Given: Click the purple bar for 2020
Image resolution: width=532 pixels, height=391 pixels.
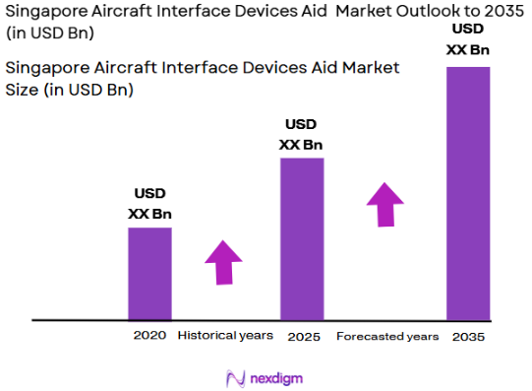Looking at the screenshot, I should [x=149, y=274].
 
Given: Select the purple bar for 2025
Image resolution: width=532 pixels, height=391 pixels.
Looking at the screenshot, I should [x=302, y=238].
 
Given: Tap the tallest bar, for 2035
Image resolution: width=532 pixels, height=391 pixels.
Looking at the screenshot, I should [x=468, y=193].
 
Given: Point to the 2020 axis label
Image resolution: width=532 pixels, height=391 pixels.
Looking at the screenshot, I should [x=149, y=336].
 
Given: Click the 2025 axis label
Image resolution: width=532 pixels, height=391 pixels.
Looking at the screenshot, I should [x=303, y=337].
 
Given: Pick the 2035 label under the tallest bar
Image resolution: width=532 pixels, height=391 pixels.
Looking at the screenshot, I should [x=468, y=337].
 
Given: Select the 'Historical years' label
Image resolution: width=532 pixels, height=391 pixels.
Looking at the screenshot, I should [x=225, y=336].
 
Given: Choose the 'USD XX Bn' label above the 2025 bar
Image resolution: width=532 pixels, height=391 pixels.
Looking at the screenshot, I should [x=301, y=135].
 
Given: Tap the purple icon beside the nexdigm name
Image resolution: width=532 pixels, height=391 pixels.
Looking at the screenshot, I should [x=235, y=378].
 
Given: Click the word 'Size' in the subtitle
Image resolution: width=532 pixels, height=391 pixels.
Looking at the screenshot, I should [x=26, y=89].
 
